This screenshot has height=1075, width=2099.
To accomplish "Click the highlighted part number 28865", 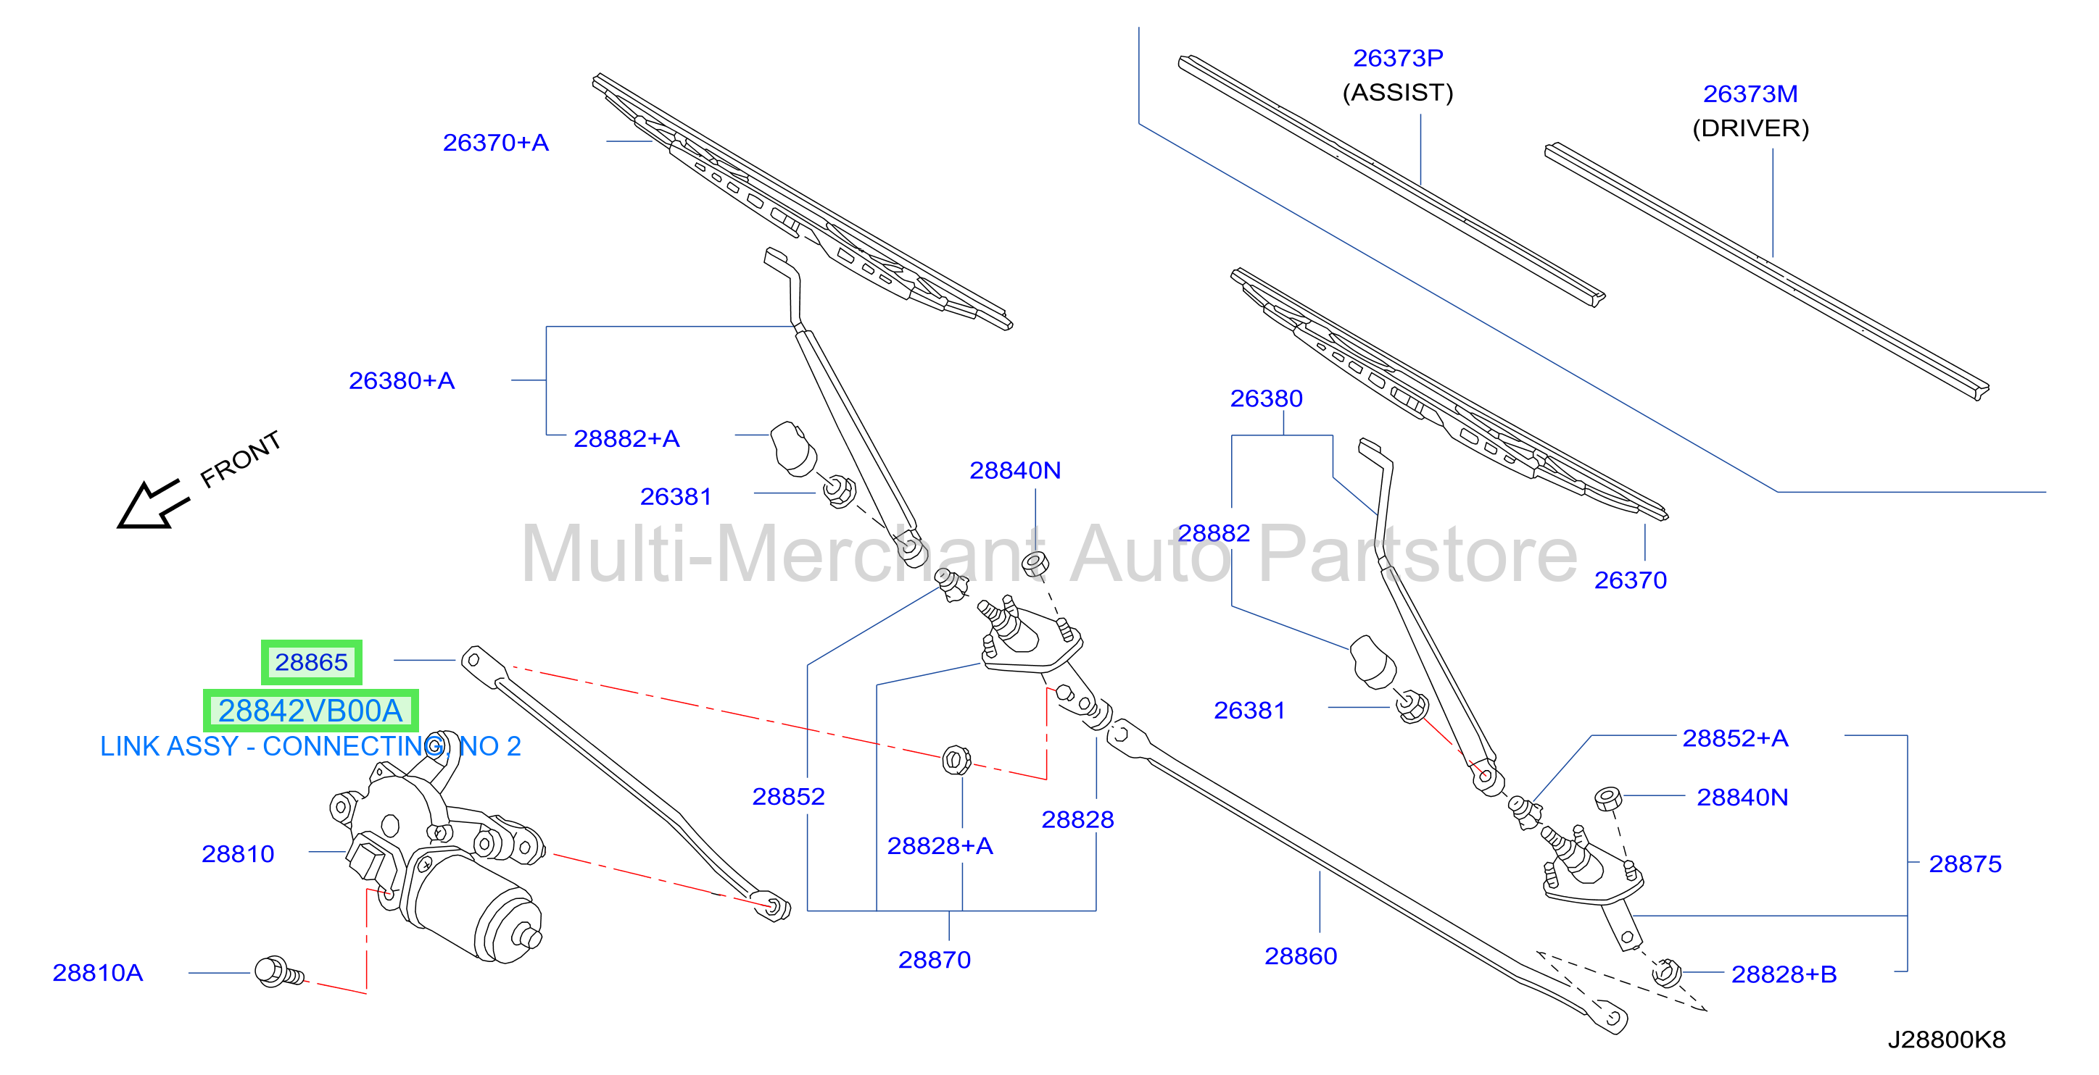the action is pyautogui.click(x=311, y=662).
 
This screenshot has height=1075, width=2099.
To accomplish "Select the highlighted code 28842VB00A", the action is pyautogui.click(x=310, y=711).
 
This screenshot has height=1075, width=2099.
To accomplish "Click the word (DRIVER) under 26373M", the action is pyautogui.click(x=1750, y=128).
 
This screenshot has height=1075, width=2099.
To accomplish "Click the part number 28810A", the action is pyautogui.click(x=98, y=972).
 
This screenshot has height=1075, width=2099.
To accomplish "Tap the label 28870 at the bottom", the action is pyautogui.click(x=934, y=959).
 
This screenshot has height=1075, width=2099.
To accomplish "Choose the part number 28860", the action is pyautogui.click(x=1301, y=956).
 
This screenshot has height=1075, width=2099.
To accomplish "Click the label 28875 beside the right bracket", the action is pyautogui.click(x=1965, y=863).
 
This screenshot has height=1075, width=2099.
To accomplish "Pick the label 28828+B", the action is pyautogui.click(x=1784, y=974).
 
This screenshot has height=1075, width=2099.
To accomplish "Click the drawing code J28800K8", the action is pyautogui.click(x=1947, y=1040).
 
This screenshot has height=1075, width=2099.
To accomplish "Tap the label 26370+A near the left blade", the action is pyautogui.click(x=495, y=143).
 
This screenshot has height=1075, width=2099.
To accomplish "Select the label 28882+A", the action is pyautogui.click(x=626, y=439).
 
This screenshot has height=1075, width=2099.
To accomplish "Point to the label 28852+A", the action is pyautogui.click(x=1735, y=738).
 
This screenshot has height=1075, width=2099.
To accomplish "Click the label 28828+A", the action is pyautogui.click(x=940, y=845).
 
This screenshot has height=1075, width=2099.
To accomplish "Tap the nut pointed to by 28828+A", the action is pyautogui.click(x=956, y=760).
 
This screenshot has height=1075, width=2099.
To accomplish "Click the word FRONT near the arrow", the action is pyautogui.click(x=241, y=459).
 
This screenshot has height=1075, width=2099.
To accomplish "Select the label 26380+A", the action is pyautogui.click(x=402, y=380).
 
